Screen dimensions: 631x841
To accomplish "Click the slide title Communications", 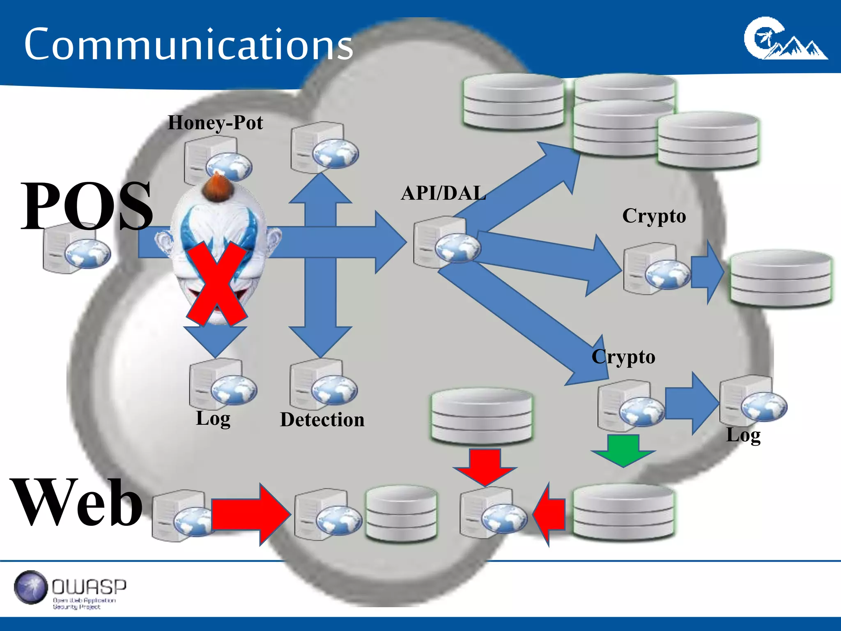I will click(x=188, y=44).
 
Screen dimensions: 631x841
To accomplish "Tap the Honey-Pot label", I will click(x=215, y=122).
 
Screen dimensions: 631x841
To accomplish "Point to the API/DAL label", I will click(x=443, y=193).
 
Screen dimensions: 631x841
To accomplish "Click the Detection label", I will click(x=322, y=419).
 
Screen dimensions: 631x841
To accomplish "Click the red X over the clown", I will click(x=217, y=283).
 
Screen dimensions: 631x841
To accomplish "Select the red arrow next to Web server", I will click(x=251, y=514).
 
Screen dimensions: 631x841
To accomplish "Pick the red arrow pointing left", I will click(x=549, y=514).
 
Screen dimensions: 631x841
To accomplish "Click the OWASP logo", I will click(x=70, y=589).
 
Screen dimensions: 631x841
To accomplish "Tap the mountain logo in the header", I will click(x=785, y=39).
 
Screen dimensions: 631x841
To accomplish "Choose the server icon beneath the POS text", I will click(x=76, y=249).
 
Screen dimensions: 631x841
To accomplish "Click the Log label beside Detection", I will click(x=213, y=418).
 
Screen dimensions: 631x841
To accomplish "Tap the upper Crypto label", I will click(x=654, y=216).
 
